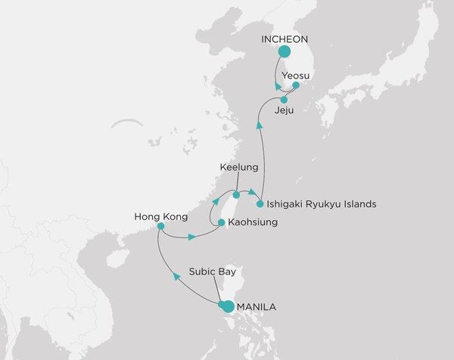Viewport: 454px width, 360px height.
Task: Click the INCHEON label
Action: coord(285,39)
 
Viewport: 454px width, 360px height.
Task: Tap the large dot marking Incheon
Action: coord(285,52)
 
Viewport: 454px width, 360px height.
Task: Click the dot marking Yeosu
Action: coord(296,86)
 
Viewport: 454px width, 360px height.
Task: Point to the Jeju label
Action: coord(284,110)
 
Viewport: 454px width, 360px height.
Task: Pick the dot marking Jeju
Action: coord(284,100)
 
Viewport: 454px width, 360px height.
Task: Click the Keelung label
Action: coord(239,166)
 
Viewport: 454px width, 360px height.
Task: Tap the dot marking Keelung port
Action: coord(236,195)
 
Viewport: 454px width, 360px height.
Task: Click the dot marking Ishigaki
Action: coord(260,203)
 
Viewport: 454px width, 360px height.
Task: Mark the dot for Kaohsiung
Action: coord(220,222)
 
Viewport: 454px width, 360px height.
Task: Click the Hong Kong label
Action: coord(158,214)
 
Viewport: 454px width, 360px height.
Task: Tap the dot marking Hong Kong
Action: coord(160,225)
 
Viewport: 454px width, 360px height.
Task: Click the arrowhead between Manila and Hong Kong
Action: coord(176,277)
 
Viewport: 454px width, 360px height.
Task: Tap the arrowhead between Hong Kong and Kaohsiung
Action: coord(193,237)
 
